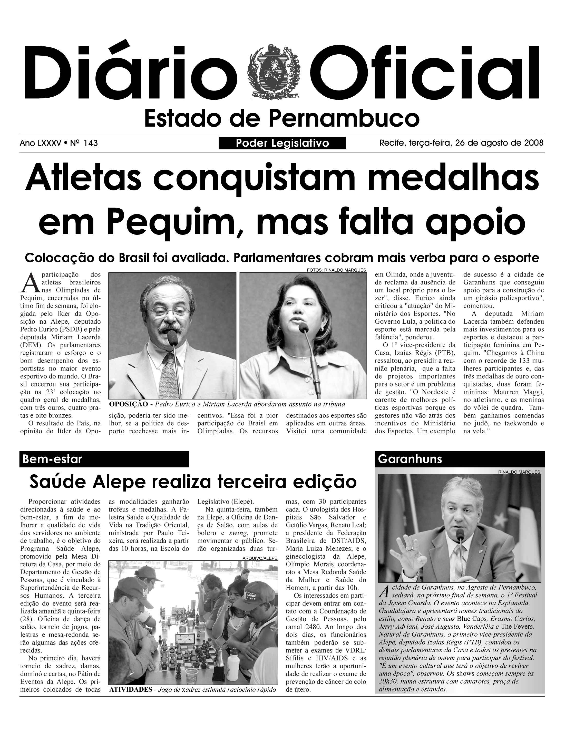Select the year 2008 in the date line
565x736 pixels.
(x=534, y=143)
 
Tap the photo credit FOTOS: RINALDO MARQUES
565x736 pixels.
(x=336, y=270)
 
